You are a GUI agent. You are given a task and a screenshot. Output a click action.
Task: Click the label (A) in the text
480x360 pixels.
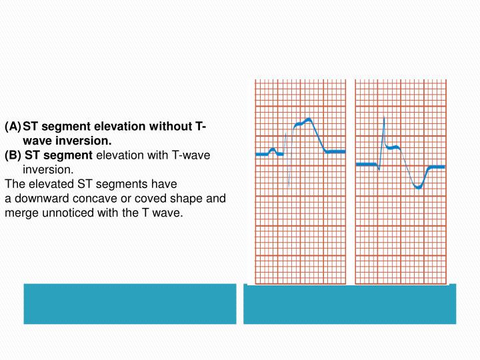coord(13,127)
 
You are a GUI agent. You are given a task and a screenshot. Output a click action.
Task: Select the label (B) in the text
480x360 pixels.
coord(13,155)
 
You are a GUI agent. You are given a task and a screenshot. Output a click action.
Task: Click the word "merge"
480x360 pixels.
coord(20,213)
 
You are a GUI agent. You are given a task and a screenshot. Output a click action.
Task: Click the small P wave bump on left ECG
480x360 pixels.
coord(273,149)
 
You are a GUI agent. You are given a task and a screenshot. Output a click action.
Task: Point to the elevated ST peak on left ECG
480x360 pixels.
coord(308,120)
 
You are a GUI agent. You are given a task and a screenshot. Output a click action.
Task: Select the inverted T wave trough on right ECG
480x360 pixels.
coord(418,187)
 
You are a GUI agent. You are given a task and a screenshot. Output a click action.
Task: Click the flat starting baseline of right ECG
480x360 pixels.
coord(366,164)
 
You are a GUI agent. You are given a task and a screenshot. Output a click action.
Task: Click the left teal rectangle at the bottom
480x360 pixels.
coord(130,304)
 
